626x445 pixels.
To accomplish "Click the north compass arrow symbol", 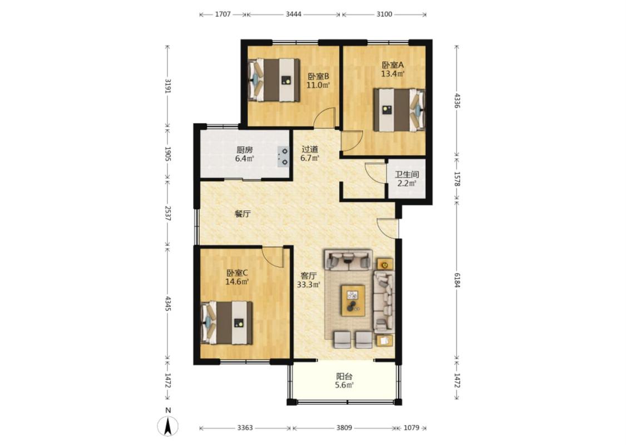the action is (168, 426).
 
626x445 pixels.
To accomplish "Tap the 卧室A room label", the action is (393, 65).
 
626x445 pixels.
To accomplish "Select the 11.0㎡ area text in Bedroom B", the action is (318, 85).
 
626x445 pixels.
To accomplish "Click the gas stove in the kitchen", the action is (283, 156).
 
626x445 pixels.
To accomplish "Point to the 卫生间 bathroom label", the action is (407, 175).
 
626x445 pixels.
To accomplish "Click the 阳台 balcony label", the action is (344, 376).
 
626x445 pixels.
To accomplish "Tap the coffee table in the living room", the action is (353, 300).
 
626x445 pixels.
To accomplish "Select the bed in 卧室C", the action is (227, 323).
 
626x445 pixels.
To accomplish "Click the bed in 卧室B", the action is (274, 80).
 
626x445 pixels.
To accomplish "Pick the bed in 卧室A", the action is (399, 110).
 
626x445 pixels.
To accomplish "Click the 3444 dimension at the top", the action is (293, 14).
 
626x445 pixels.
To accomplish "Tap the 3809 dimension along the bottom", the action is (344, 428).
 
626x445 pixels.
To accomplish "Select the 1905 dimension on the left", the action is (167, 154).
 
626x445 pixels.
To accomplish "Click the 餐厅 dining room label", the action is (243, 214).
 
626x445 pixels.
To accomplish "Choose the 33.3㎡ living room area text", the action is (309, 285).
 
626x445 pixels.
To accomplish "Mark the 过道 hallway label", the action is (310, 149).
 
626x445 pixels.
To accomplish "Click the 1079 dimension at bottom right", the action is (411, 428).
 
